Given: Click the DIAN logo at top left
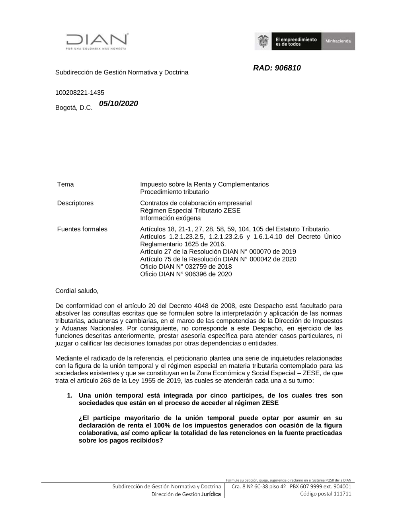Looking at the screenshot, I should click(97, 41).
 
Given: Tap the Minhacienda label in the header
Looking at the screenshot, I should click(338, 41).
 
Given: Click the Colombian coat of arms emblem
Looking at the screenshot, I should click(263, 41).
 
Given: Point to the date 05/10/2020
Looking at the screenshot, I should click(119, 104).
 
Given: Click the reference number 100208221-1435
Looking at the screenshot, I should click(80, 93).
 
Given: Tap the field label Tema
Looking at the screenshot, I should click(65, 184).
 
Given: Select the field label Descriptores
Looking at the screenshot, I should click(75, 203).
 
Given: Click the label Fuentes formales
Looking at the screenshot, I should click(82, 229).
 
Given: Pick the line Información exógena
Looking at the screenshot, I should click(170, 218).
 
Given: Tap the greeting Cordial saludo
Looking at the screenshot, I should click(77, 291).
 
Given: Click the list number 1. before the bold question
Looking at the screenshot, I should click(70, 396).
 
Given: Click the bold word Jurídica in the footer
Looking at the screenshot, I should click(211, 494).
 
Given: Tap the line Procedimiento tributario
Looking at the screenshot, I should click(174, 192).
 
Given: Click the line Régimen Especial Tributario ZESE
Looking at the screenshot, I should click(190, 211).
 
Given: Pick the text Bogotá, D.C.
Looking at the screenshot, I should click(74, 107).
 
